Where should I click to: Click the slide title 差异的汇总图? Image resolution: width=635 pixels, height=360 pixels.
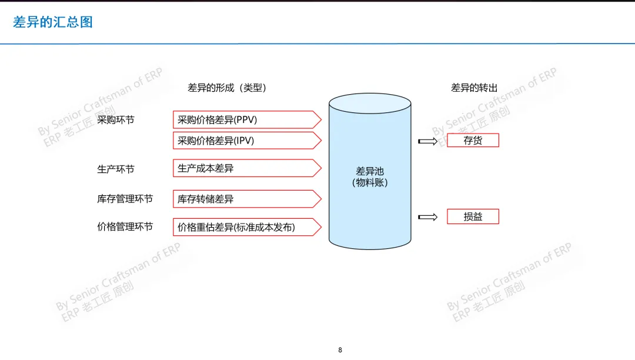(53, 23)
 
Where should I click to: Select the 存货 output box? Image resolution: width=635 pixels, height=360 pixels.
(473, 141)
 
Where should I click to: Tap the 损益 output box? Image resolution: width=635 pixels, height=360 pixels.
(473, 216)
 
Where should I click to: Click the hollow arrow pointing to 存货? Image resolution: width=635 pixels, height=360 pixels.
(428, 141)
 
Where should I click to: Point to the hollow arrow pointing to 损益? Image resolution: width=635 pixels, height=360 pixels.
(428, 217)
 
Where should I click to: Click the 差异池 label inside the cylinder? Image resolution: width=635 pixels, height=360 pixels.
(370, 171)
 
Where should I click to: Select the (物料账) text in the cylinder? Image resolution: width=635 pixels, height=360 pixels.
(370, 183)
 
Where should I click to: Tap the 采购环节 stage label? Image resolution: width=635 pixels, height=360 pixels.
(116, 120)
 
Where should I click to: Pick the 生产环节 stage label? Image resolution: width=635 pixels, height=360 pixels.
(116, 169)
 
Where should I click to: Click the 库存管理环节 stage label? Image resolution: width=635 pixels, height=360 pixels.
(125, 199)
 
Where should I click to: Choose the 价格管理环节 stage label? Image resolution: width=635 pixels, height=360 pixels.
(125, 226)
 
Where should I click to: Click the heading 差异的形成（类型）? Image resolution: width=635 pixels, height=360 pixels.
(227, 88)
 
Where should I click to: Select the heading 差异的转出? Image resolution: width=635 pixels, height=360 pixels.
(474, 88)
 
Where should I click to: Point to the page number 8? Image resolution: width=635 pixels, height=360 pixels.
(340, 350)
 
